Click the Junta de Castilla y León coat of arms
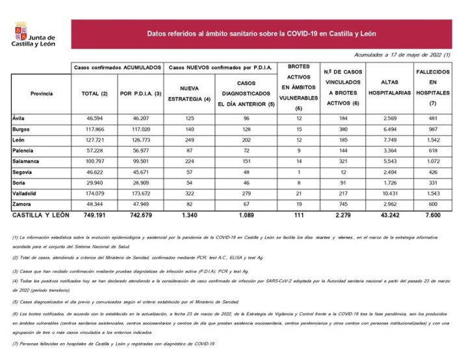pyautogui.click(x=20, y=34)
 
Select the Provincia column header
pyautogui.click(x=42, y=94)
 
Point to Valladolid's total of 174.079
pyautogui.click(x=95, y=194)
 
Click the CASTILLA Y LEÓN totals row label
pyautogui.click(x=40, y=216)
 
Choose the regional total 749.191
pyautogui.click(x=94, y=216)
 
